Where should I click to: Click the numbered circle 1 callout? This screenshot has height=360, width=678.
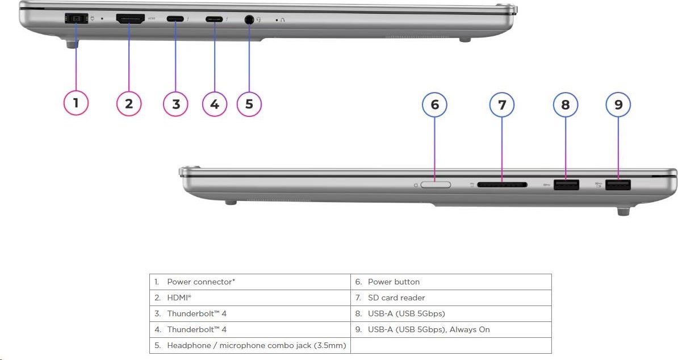pos(76,104)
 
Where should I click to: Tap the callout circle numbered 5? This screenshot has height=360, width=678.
pos(249,104)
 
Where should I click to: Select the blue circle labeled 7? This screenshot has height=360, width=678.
pos(502,104)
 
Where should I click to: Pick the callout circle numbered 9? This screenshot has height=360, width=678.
pos(618,104)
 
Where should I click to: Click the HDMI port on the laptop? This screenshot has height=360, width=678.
pos(130,19)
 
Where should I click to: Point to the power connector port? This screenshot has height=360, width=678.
pos(76,19)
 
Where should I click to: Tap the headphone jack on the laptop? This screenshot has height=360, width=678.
pos(249,20)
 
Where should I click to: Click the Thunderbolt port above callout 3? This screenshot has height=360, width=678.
pos(175,19)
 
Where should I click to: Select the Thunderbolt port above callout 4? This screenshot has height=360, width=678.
pos(214,19)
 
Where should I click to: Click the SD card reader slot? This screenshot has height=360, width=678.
pos(503,185)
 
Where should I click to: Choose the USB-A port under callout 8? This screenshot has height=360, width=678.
pos(566,185)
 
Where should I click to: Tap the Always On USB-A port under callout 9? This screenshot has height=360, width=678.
pos(618,185)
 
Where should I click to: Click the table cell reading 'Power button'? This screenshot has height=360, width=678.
pos(394,282)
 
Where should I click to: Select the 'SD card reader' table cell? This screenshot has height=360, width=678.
pos(396,298)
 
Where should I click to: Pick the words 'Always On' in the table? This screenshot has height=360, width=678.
pos(470,329)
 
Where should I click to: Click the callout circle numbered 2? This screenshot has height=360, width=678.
pos(129,104)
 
